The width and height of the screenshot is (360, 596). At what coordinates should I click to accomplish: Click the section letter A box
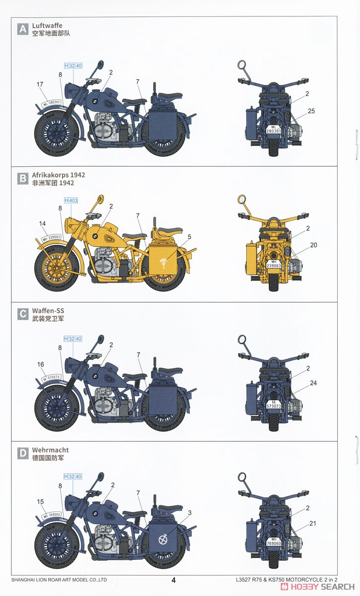pos(22,29)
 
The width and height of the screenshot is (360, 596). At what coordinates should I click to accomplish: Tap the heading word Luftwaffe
pos(47,25)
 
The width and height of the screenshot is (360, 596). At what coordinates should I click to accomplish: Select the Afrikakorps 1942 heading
pos(58,175)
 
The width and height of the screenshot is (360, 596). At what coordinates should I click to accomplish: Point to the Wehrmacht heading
pos(50,450)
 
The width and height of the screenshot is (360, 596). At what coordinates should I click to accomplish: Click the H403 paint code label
pos(71,200)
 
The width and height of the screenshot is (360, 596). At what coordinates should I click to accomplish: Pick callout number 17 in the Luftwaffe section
pos(40,84)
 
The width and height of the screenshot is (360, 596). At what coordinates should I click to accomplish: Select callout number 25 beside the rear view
pos(311,111)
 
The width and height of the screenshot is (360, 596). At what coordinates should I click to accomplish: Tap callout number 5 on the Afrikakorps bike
pos(189,236)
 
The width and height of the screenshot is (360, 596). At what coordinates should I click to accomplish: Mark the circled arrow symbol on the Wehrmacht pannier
pos(162,538)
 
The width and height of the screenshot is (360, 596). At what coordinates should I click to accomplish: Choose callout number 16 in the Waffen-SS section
pos(41,364)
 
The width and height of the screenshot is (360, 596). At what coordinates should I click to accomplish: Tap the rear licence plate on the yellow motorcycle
pos(274,264)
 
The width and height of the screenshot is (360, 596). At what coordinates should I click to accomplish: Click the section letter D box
pos(22,454)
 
